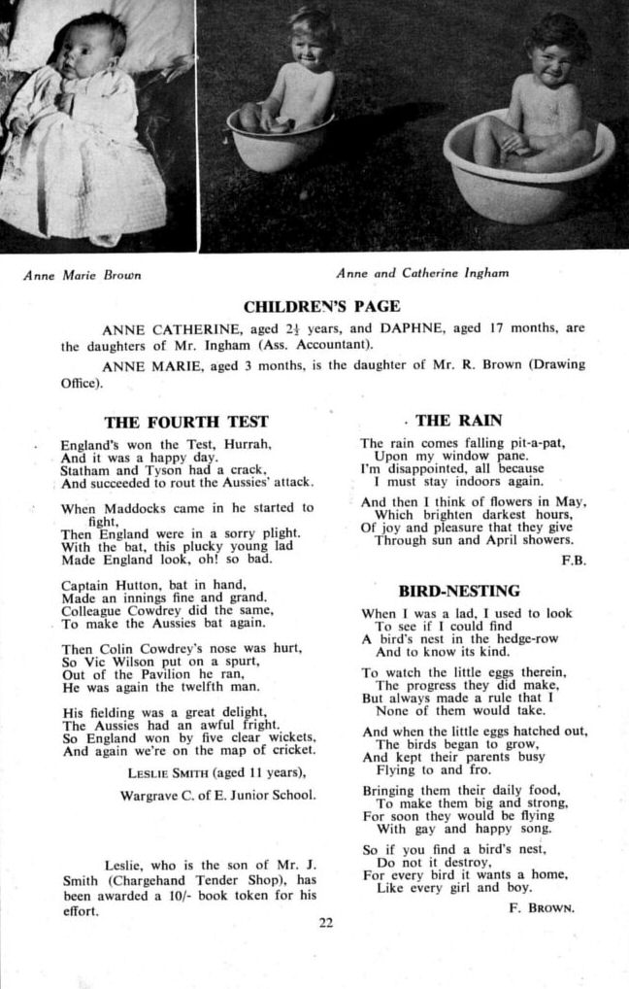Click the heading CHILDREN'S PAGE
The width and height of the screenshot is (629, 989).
(x=321, y=307)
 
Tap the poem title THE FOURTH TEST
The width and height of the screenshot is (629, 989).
(x=186, y=422)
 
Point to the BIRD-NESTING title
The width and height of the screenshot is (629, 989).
(x=459, y=591)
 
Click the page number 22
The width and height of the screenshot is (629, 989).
(x=325, y=923)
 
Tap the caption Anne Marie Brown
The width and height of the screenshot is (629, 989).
(x=83, y=275)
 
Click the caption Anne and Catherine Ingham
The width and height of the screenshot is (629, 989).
(x=422, y=274)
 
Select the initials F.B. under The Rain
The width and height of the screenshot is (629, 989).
(x=574, y=561)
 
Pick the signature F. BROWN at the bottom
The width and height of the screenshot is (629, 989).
(x=542, y=908)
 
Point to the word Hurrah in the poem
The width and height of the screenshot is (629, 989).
(x=244, y=443)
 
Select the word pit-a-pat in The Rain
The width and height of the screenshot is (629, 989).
(x=533, y=443)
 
